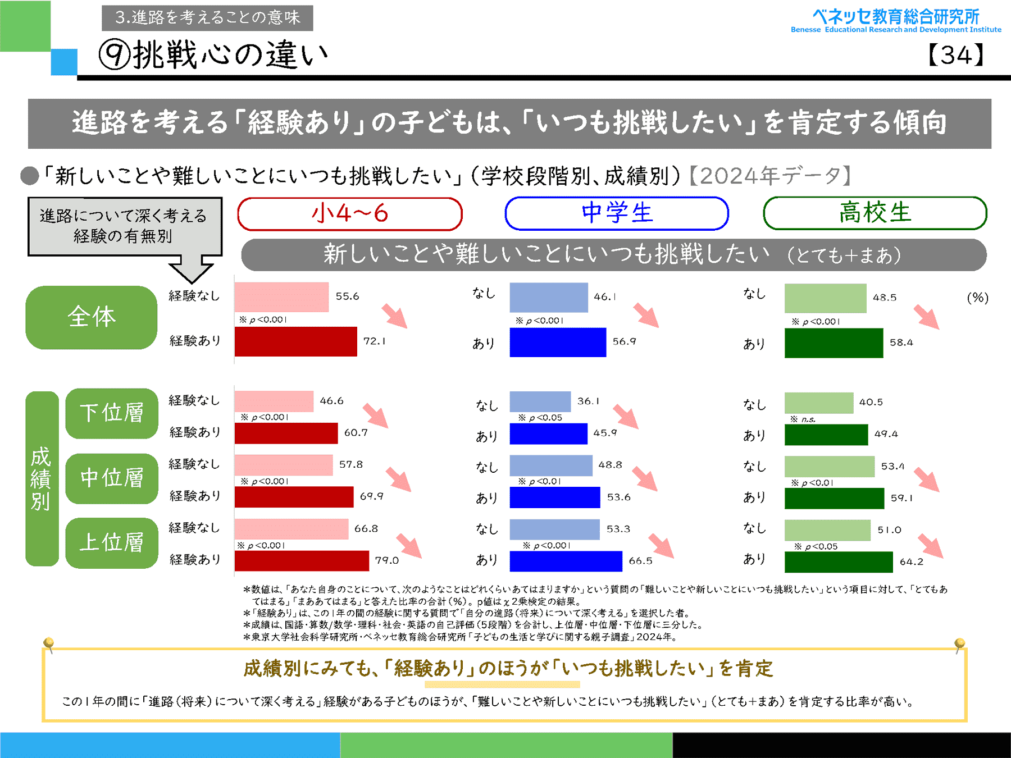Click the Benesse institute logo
pos(895,21)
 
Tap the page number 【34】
pos(955,55)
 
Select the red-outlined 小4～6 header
pos(349,214)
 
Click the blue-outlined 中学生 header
pos(617,213)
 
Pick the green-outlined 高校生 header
pos(875,213)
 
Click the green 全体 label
pos(91,317)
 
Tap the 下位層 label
pos(112,413)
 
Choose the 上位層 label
pos(112,543)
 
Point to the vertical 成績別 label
pos(42,478)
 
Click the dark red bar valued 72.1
pos(295,341)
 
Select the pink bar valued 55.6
pos(281,297)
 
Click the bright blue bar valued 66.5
pos(566,561)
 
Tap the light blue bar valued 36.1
pos(540,401)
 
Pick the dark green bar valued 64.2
pos(838,561)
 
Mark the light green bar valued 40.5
pos(818,403)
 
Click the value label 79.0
pos(386,560)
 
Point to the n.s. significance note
pos(808,419)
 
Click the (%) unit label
pos(977,298)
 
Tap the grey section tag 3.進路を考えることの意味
pos(207,18)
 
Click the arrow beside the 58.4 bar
pos(926,317)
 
